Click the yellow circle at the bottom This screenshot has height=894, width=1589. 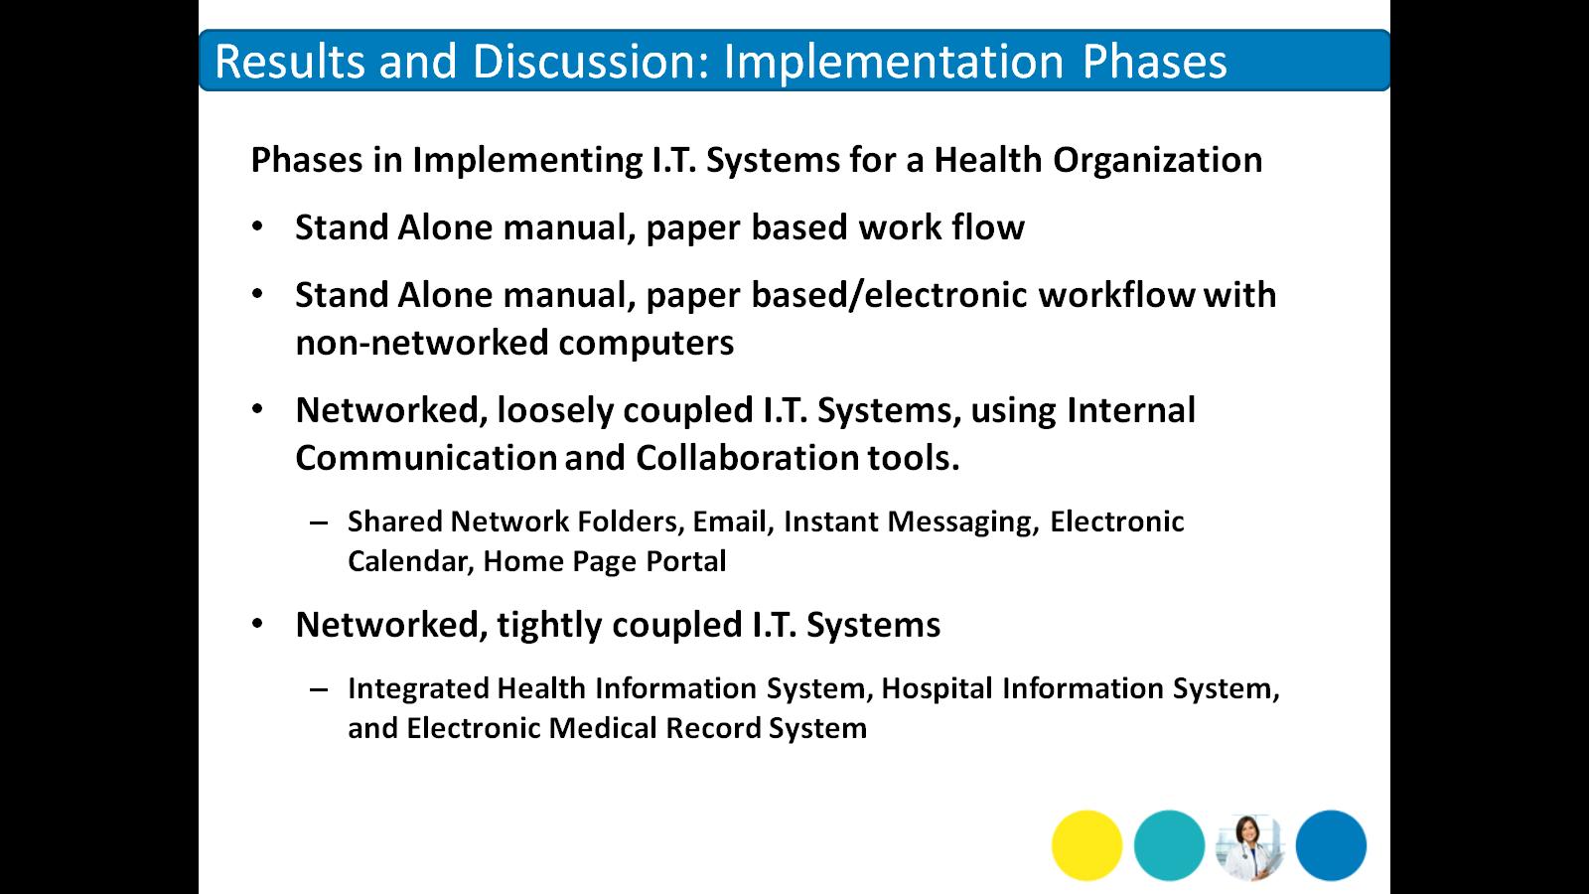pyautogui.click(x=1086, y=845)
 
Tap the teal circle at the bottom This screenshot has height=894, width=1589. pyautogui.click(x=1169, y=845)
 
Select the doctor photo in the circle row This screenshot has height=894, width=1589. pyautogui.click(x=1250, y=846)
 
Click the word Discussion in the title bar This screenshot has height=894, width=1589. pyautogui.click(x=592, y=61)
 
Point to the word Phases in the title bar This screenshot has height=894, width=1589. pyautogui.click(x=1154, y=61)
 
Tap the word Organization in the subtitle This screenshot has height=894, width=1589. pyautogui.click(x=1158, y=161)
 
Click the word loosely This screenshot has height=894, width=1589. pyautogui.click(x=555, y=411)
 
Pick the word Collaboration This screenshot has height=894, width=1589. pyautogui.click(x=747, y=458)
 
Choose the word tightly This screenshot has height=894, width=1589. pyautogui.click(x=548, y=626)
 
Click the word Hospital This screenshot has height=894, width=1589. pyautogui.click(x=937, y=689)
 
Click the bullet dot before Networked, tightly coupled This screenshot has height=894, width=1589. pyautogui.click(x=257, y=624)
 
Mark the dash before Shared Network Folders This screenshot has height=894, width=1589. pyautogui.click(x=319, y=523)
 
